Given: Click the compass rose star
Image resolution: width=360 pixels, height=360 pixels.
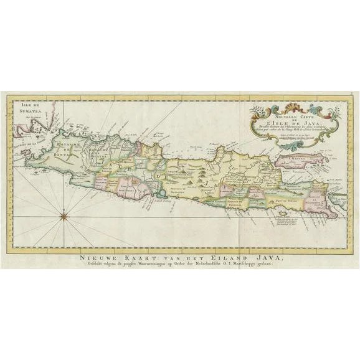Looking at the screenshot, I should click(x=64, y=216).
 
